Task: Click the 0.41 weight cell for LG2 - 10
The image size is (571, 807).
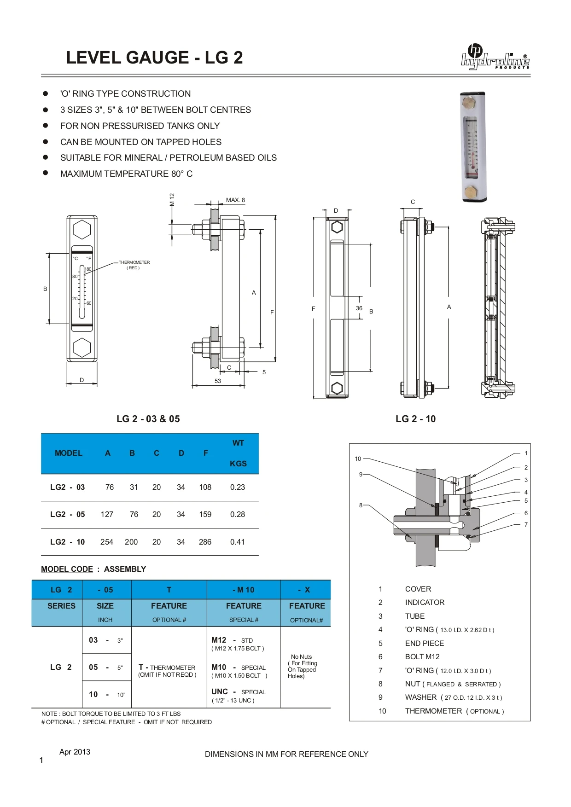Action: (x=238, y=542)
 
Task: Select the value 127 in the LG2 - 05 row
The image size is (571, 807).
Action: (x=107, y=514)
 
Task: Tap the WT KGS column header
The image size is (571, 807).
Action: (x=238, y=453)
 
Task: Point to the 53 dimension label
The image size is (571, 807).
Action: (x=218, y=381)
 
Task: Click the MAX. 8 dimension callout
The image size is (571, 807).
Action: (x=235, y=200)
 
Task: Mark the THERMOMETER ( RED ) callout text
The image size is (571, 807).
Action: (x=134, y=265)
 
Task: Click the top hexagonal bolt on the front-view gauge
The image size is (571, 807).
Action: (x=82, y=229)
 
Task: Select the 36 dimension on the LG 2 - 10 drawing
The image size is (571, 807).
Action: (x=359, y=308)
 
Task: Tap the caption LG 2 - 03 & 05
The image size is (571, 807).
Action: (x=148, y=419)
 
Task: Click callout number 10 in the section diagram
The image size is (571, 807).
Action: (x=358, y=459)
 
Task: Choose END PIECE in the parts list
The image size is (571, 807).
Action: (x=424, y=643)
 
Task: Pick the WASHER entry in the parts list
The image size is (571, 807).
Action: (x=421, y=697)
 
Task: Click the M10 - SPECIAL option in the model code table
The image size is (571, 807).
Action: (x=239, y=668)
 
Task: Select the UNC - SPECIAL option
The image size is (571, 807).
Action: (x=239, y=692)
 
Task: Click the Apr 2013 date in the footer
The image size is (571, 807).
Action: (x=75, y=752)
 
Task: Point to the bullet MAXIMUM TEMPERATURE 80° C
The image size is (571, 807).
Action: (x=126, y=174)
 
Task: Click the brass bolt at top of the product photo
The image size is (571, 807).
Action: (x=469, y=103)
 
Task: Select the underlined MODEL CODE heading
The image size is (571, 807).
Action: (x=67, y=569)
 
